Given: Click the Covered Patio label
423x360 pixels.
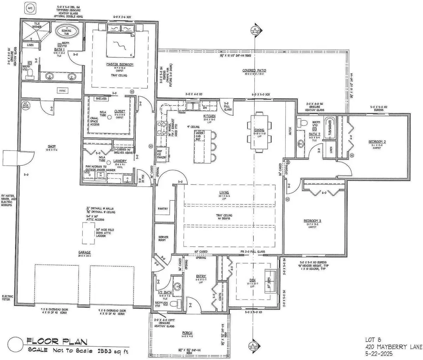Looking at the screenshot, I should [x=254, y=71].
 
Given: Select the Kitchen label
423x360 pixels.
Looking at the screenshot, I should [x=209, y=116].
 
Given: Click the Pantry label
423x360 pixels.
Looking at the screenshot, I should [x=163, y=209].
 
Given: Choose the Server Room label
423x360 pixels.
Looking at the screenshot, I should [x=163, y=239].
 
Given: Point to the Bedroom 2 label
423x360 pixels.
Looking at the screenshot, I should [x=377, y=141].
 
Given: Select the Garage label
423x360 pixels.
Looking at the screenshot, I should [x=85, y=252].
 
